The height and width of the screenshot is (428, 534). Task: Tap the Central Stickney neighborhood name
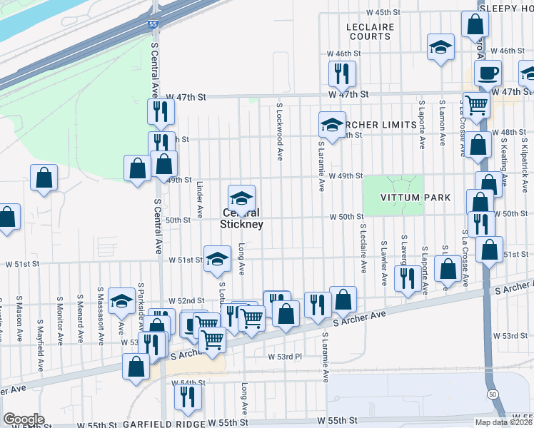(x=241, y=218)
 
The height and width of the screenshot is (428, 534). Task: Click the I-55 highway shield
(x=153, y=24)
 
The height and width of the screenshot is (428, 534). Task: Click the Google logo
(x=23, y=419)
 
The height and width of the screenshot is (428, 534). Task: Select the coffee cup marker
(x=488, y=73)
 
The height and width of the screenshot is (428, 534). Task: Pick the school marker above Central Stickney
(x=241, y=197)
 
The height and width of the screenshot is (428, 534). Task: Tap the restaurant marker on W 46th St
(x=341, y=73)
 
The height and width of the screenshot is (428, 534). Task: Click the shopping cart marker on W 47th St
(x=475, y=105)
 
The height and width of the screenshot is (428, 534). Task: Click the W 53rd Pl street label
(x=286, y=356)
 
